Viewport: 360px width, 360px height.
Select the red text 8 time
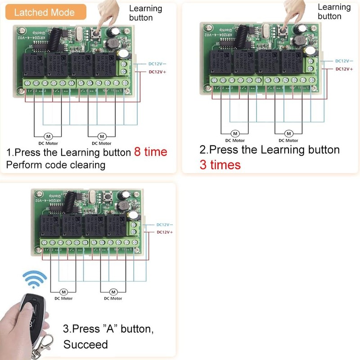click(x=150, y=152)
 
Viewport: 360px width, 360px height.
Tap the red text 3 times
click(x=220, y=165)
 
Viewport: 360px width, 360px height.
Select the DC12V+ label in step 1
click(x=157, y=72)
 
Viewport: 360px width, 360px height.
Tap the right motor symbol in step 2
click(x=288, y=134)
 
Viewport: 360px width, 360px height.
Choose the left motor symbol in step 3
click(x=63, y=291)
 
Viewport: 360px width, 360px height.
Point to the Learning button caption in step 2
click(x=334, y=12)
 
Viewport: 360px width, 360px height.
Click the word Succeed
click(x=85, y=345)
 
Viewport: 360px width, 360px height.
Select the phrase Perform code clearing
click(x=55, y=165)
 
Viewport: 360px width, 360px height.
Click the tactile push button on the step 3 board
click(x=108, y=196)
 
